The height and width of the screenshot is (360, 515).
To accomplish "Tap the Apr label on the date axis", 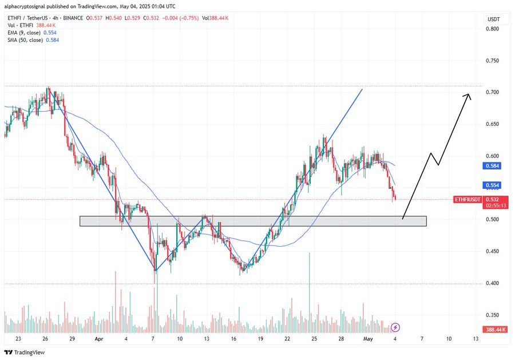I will coord(98,339).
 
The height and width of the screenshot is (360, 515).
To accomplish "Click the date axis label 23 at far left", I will coord(18,339).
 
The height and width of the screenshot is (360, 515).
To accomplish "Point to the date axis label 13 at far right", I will coord(475,339).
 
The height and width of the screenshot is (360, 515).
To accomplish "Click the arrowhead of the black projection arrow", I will coord(469,96).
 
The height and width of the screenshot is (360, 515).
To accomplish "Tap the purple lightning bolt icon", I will coord(396,327).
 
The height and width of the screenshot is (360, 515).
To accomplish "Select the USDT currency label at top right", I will coord(493,19).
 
